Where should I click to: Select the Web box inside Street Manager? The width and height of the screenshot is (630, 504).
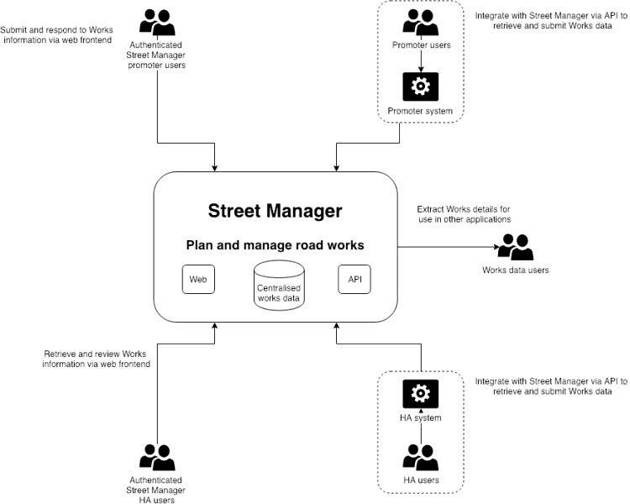pos(198,279)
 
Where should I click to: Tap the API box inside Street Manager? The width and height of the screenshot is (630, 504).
pos(353,279)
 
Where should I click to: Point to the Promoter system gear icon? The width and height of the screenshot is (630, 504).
pos(420,86)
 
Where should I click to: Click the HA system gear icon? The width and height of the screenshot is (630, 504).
pos(420,393)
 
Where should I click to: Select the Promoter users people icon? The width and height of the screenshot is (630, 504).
pos(420,22)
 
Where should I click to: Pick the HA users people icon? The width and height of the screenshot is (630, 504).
pos(420,457)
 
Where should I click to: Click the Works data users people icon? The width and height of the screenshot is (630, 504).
pos(516,246)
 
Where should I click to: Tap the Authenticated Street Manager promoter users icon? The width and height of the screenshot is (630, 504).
pos(158,22)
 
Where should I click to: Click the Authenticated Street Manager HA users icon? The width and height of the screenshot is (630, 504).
pos(158,457)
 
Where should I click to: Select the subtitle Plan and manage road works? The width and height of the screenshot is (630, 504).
pos(274,246)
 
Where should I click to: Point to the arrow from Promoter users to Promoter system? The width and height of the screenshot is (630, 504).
pos(420,59)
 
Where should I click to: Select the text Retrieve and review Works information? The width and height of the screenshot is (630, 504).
pos(97,359)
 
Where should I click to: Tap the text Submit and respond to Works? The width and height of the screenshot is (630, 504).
pos(57,32)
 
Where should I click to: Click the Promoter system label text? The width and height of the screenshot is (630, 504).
pos(420,111)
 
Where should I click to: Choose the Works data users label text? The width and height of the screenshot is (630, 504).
pos(516,270)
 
